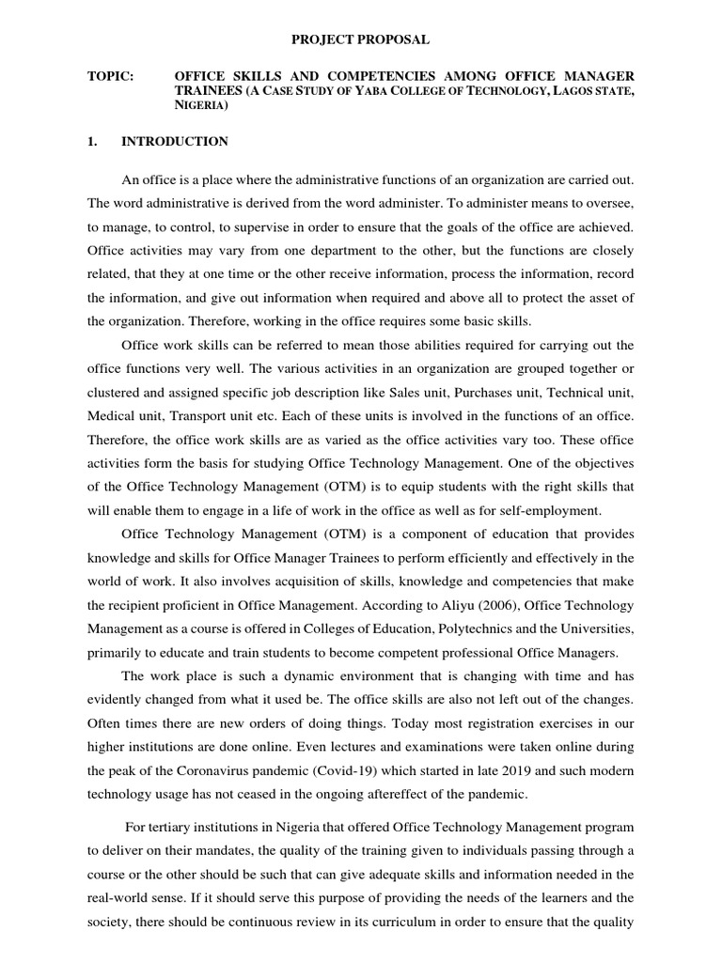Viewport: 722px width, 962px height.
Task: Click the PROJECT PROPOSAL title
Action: (360, 39)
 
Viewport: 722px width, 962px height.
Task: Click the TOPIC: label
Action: (108, 75)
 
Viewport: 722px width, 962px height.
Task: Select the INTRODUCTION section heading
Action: (175, 142)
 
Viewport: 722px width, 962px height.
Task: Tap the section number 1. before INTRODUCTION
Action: (92, 142)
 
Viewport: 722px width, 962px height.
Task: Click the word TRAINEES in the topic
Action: (207, 91)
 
